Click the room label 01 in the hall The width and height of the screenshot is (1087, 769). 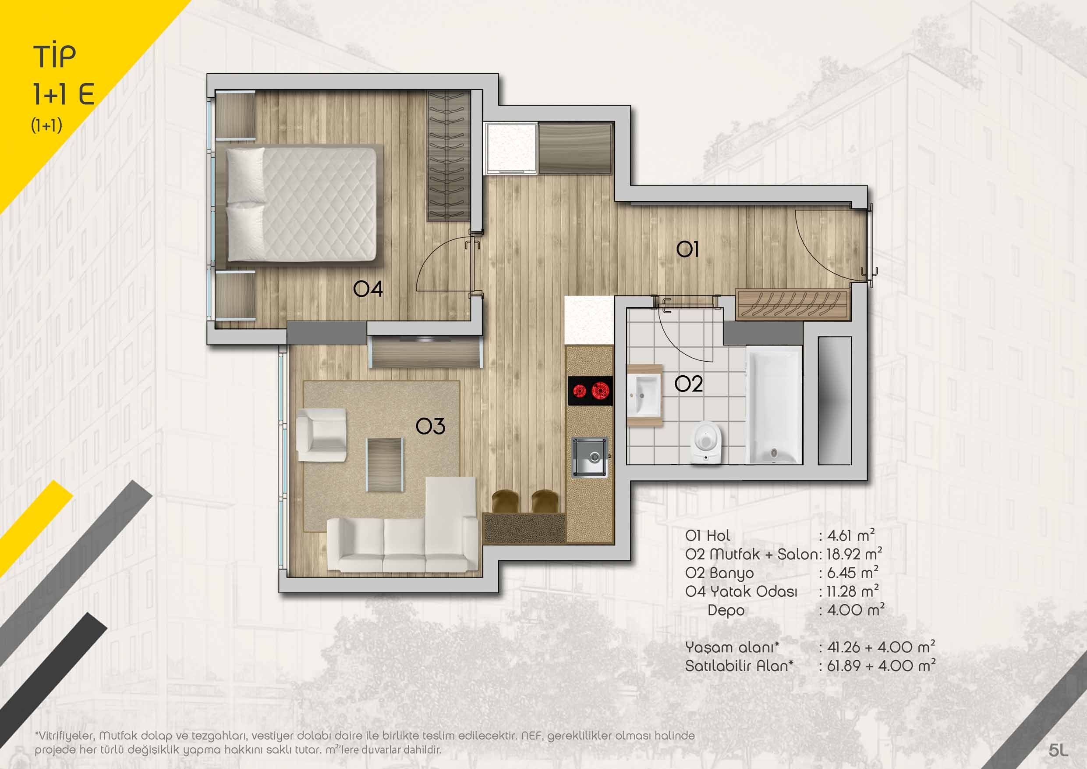pyautogui.click(x=687, y=249)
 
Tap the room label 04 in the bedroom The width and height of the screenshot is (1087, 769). pyautogui.click(x=368, y=288)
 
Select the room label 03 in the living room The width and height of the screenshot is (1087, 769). pyautogui.click(x=430, y=427)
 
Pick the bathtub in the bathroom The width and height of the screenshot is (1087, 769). pyautogui.click(x=774, y=404)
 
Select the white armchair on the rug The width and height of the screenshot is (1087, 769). pyautogui.click(x=321, y=435)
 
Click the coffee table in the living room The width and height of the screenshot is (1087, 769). pyautogui.click(x=386, y=465)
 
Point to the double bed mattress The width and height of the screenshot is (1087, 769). pyautogui.click(x=302, y=204)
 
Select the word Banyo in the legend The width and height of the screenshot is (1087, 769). pyautogui.click(x=731, y=573)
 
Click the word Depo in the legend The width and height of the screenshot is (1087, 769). pyautogui.click(x=726, y=610)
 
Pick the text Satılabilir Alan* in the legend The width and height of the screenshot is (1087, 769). pyautogui.click(x=739, y=666)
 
